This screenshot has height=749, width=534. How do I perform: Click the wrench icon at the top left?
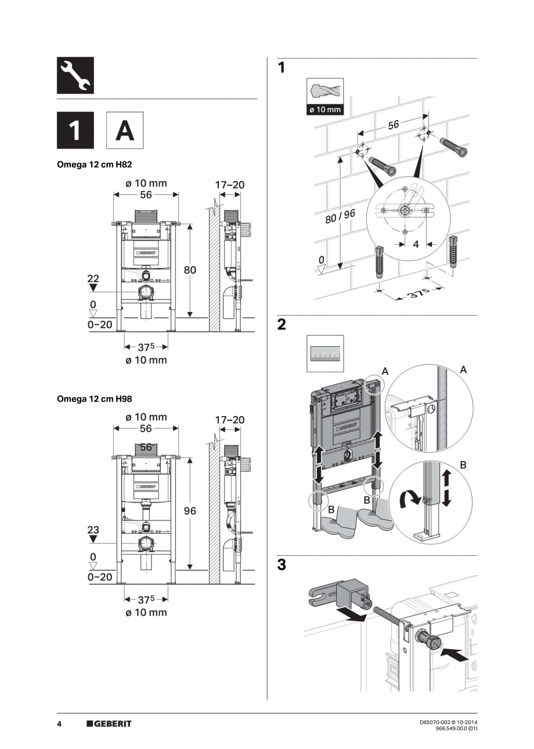tap(75, 75)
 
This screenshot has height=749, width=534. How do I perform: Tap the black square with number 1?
tap(75, 131)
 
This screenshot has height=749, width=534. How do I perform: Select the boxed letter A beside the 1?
tap(124, 131)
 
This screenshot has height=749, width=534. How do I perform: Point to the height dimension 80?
tap(190, 270)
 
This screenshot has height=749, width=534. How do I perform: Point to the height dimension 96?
tap(190, 511)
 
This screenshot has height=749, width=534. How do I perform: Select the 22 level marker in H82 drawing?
tap(93, 279)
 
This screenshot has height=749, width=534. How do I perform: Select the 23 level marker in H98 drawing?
tap(93, 530)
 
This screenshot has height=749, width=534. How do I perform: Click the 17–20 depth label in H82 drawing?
tap(230, 185)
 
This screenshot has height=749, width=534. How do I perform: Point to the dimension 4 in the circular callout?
tap(416, 244)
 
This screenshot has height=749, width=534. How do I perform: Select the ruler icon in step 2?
tap(324, 353)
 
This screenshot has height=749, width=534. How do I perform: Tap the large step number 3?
tap(282, 565)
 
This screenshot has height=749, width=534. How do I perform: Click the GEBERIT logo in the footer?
tap(109, 723)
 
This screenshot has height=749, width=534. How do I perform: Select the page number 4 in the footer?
tap(59, 723)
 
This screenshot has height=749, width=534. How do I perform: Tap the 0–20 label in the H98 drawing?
tap(100, 577)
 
